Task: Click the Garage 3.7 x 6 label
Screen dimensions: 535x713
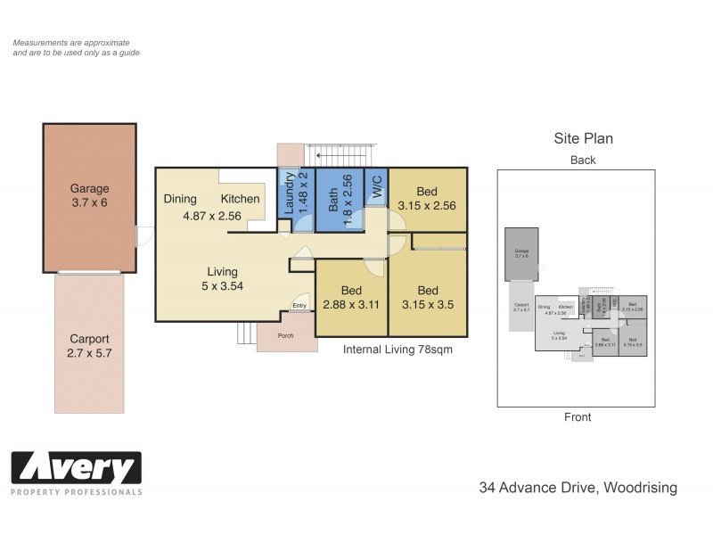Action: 89,195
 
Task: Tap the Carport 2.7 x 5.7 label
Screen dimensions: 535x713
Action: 89,346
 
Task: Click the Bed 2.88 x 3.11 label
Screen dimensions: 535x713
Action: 351,297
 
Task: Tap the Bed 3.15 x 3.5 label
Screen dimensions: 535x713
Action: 428,297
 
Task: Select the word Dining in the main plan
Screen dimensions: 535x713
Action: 180,199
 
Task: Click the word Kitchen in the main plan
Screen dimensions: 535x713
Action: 240,199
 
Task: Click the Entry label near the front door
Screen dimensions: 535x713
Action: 299,306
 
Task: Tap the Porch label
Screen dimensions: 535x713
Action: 286,336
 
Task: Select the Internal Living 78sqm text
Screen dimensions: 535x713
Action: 397,350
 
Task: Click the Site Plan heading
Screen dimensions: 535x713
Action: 583,139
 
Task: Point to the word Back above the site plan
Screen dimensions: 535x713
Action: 583,160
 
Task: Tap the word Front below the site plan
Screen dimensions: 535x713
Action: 578,416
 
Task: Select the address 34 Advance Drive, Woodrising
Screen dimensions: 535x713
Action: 578,488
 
